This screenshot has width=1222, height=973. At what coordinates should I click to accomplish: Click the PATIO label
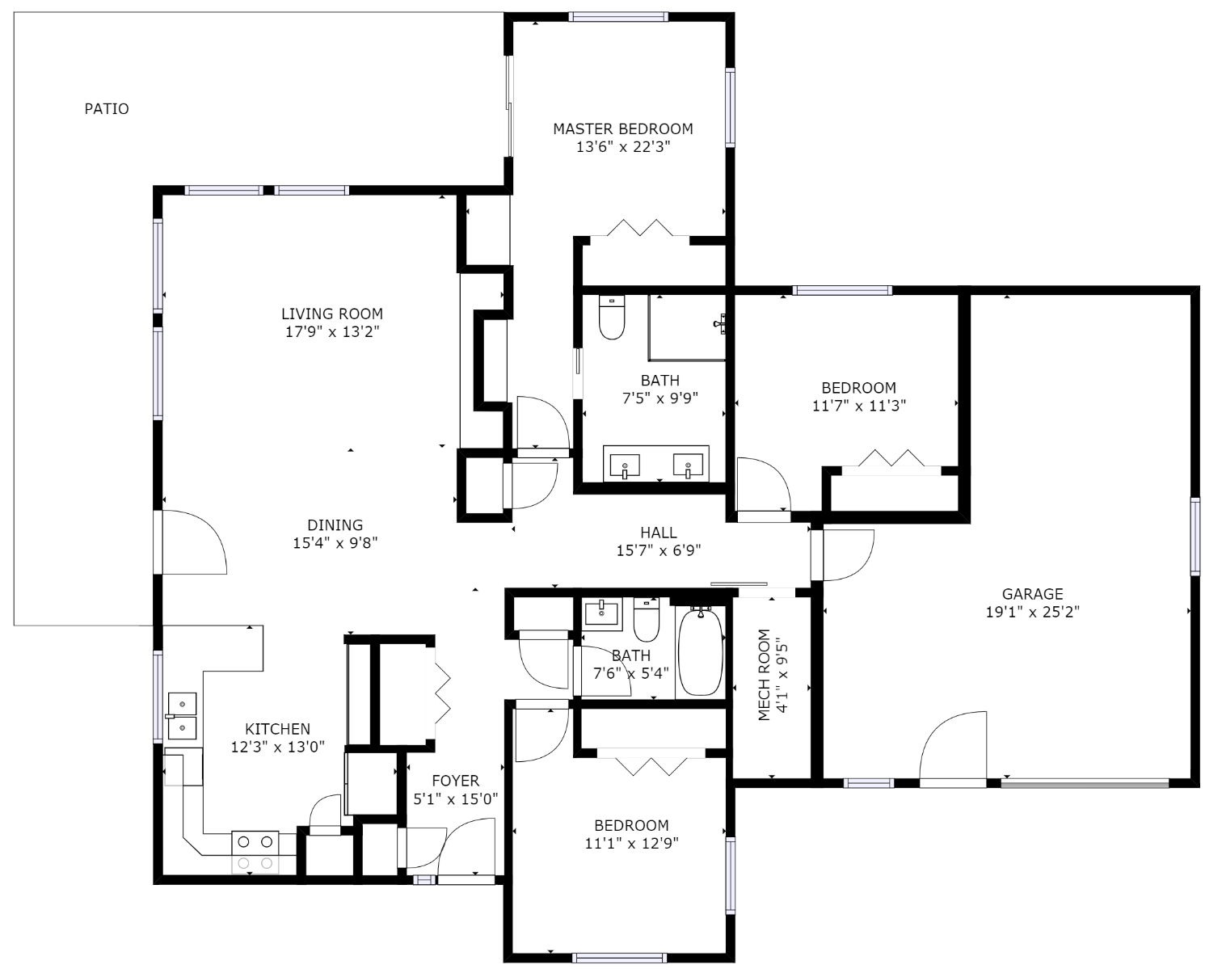coord(107,108)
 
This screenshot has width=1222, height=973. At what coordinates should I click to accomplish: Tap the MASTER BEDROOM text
coord(623,129)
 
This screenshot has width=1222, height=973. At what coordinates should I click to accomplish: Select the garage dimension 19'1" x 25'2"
coord(1032,611)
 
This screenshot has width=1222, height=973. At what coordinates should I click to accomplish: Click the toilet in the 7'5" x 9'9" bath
coord(612,317)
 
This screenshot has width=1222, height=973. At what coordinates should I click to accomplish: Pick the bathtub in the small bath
coord(701,651)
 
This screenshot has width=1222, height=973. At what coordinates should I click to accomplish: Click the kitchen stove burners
coord(255,852)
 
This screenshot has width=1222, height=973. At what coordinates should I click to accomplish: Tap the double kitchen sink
coord(182,716)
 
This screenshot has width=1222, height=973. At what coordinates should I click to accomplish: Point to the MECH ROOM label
coord(765,675)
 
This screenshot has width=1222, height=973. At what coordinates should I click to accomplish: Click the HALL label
coord(659,533)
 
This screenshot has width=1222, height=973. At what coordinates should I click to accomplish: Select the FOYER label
coord(455,781)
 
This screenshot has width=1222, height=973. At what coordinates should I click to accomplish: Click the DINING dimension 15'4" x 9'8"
coord(335,543)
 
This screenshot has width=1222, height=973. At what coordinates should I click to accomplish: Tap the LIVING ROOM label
coord(332,314)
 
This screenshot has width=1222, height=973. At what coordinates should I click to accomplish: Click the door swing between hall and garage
coord(849,555)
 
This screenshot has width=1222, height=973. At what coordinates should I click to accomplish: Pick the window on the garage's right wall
coord(1195,537)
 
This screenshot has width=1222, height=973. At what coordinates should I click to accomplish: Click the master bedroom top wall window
coord(618,17)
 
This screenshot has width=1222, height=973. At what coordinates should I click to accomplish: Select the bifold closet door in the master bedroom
coord(640,228)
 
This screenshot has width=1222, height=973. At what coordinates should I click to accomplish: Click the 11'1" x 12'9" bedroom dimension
coord(631,843)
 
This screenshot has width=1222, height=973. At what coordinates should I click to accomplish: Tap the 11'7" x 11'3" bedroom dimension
coord(858,406)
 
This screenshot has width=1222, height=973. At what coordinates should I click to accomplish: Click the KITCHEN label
coord(278,729)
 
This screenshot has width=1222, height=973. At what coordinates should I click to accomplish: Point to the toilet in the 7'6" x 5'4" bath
coord(647,620)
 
